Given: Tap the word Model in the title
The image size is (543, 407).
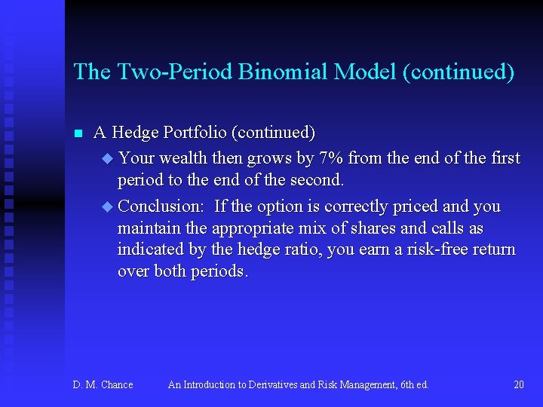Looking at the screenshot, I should (x=367, y=72).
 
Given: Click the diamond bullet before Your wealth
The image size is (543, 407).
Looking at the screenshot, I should (x=106, y=159).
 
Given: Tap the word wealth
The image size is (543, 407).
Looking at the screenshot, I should (x=180, y=158).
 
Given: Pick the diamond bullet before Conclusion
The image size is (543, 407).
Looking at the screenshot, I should (x=106, y=207).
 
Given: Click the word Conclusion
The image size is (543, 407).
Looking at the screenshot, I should (x=161, y=207).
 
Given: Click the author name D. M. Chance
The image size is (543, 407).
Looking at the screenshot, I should (x=103, y=385).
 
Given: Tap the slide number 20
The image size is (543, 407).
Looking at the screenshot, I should (x=518, y=385).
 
